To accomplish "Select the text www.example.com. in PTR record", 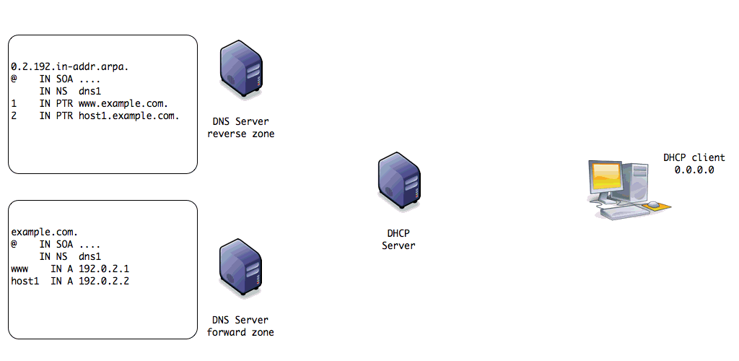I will [x=123, y=103].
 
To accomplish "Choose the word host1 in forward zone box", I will [x=25, y=281].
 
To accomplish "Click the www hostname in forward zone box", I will [x=19, y=269].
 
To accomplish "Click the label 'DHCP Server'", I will [x=398, y=240].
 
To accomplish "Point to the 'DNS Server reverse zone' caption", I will [x=240, y=128].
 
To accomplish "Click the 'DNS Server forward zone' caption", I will [x=240, y=326].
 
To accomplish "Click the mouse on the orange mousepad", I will [x=652, y=205].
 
